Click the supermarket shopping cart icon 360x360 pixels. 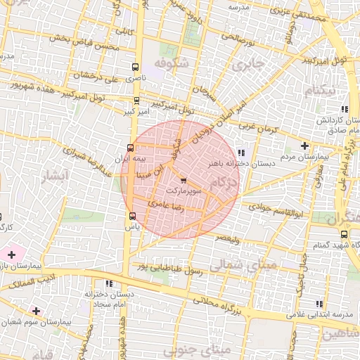point(184,179)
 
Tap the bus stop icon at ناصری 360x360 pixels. point(135,67)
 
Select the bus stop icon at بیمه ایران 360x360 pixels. point(129,148)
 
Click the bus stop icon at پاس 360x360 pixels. point(132,216)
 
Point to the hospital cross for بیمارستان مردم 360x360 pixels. point(304,146)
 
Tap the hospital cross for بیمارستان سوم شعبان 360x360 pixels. point(36,310)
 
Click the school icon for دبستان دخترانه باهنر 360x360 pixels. point(241,152)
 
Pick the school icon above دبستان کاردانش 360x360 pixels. point(344,109)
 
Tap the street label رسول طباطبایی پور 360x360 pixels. point(169,266)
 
